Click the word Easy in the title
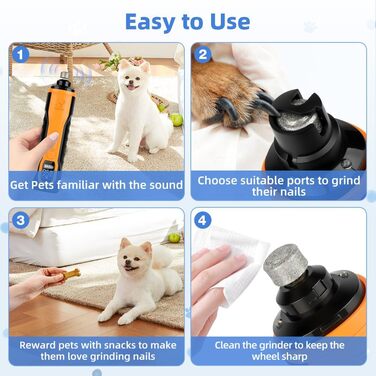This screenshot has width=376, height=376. (x=151, y=22)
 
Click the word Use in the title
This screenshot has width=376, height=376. (x=230, y=22)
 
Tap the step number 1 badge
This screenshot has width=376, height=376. (x=21, y=55)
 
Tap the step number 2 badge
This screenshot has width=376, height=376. (x=203, y=54)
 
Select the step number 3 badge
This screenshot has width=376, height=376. (x=21, y=220)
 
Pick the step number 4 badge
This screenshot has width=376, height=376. (x=202, y=220)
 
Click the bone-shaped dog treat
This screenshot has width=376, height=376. (x=72, y=274)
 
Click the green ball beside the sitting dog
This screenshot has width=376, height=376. (x=176, y=120)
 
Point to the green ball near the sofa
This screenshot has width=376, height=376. (x=174, y=238)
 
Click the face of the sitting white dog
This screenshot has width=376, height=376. (x=134, y=79)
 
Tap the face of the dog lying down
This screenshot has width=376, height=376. (x=133, y=257)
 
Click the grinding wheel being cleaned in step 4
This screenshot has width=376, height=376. (x=286, y=265)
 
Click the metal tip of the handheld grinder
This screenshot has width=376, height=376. (x=63, y=77)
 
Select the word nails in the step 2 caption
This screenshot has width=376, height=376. (x=293, y=192)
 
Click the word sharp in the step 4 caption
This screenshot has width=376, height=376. (x=292, y=357)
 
